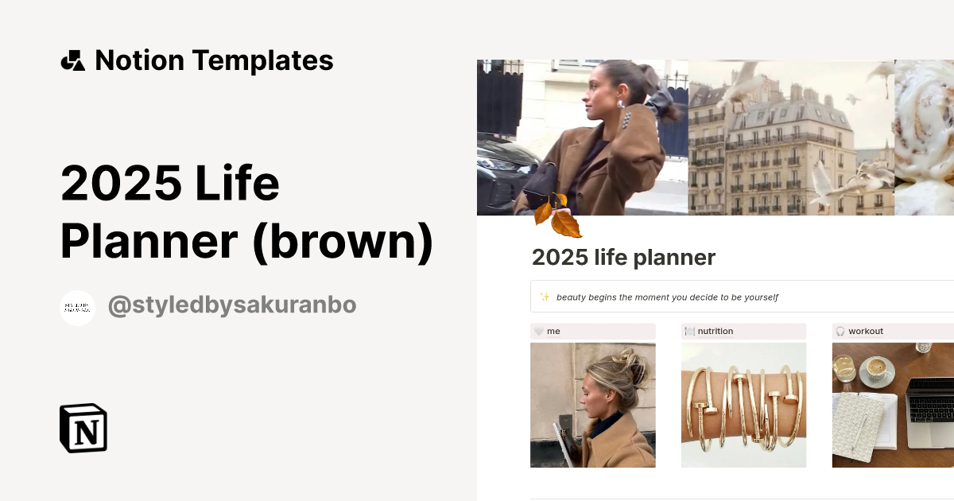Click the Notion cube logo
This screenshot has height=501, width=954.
[x=83, y=428]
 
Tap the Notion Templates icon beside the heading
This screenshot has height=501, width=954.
[x=73, y=60]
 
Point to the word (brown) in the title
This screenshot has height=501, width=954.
[x=343, y=242]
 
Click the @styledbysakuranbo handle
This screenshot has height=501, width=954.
[x=232, y=305]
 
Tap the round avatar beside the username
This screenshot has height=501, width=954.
[x=77, y=308]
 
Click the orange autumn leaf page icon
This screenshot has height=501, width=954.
[x=558, y=216]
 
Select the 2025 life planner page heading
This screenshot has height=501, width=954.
[x=623, y=258]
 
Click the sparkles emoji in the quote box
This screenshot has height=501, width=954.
[x=545, y=297]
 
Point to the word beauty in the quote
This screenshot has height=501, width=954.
[x=572, y=297]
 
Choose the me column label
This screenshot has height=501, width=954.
[x=553, y=331]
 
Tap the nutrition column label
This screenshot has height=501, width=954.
[x=715, y=331]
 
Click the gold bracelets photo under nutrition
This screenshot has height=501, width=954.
[x=743, y=405]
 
